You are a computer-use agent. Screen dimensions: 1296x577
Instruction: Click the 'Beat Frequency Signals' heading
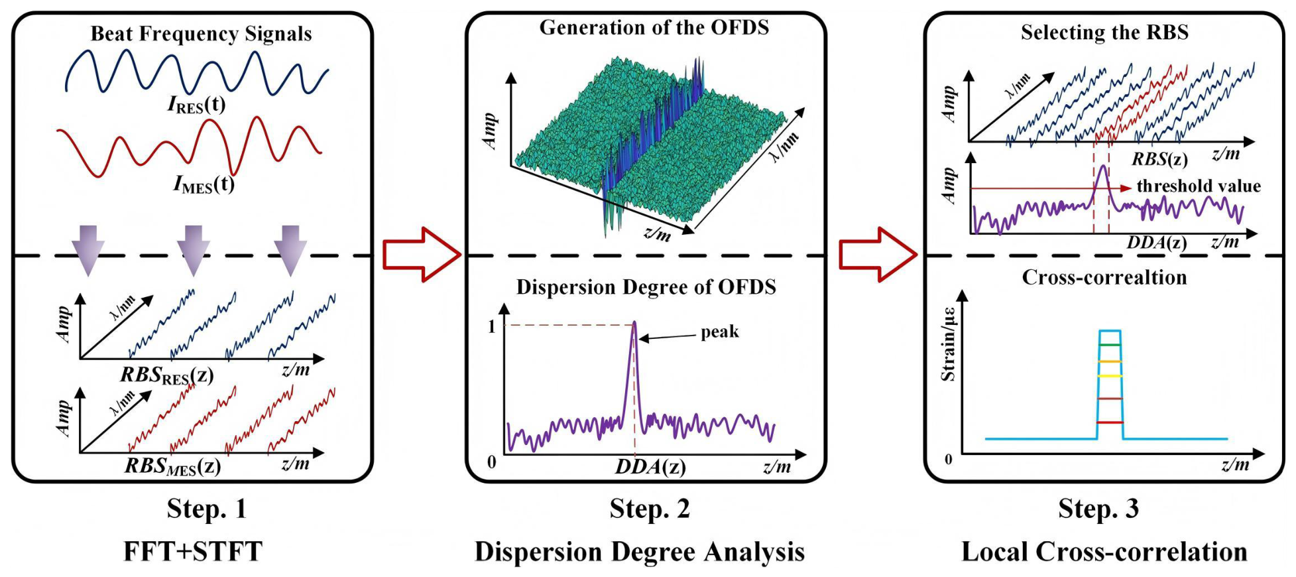point(201,34)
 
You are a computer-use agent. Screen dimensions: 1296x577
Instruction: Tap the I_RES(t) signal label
point(196,105)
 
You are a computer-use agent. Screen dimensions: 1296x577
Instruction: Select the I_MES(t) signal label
point(204,184)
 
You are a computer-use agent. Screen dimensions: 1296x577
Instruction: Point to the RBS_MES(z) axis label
point(172,467)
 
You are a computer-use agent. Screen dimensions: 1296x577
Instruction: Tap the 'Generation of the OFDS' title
point(654,27)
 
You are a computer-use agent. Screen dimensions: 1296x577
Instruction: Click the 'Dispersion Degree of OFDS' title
point(646,287)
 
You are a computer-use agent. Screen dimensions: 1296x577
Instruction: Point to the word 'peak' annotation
point(720,332)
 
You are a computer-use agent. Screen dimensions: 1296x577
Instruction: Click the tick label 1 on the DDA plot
point(491,326)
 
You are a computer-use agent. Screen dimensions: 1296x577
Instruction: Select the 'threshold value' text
point(1199,186)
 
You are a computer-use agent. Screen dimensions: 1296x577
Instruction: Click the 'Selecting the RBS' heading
point(1104,32)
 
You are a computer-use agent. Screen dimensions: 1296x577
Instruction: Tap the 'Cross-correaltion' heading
point(1104,277)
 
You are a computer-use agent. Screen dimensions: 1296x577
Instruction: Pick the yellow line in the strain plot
point(1110,375)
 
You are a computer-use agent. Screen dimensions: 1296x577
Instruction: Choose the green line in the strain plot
point(1110,345)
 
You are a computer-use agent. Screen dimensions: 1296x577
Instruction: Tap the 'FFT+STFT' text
point(193,552)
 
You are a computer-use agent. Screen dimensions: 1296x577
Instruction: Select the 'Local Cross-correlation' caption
point(1104,552)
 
